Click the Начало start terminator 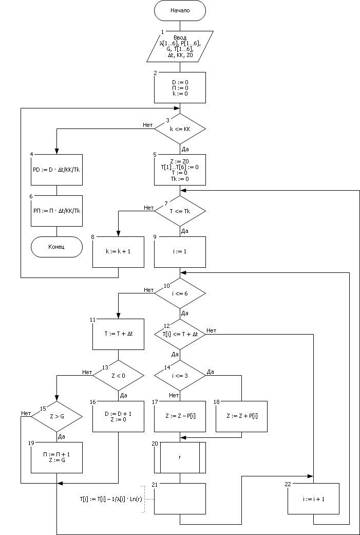point(180,10)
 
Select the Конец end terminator point(56,247)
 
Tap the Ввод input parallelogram point(180,46)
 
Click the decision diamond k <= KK point(180,128)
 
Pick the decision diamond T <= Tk point(180,211)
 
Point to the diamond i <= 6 point(180,293)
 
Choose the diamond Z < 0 point(118,375)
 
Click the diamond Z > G point(56,416)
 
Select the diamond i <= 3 point(180,375)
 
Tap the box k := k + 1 point(118,252)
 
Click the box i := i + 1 point(313,498)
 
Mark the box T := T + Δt point(118,334)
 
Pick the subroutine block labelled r point(180,457)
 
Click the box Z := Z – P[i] point(180,416)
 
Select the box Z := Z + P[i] point(241,416)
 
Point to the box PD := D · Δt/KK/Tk point(56,170)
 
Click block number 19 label point(31,442)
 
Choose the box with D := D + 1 point(118,416)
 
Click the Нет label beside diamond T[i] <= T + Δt point(211,330)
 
